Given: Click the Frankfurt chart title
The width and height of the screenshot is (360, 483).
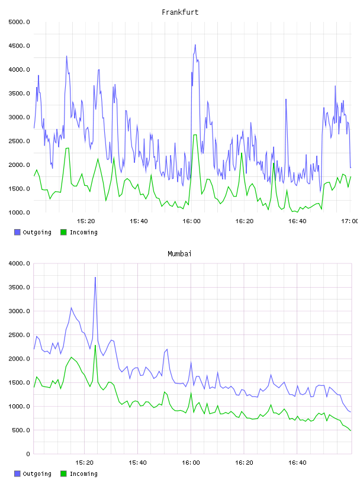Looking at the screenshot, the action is pyautogui.click(x=180, y=12).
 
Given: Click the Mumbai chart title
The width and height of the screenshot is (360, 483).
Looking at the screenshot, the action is pyautogui.click(x=179, y=254).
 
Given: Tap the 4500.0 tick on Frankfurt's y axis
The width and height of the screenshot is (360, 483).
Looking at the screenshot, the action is pyautogui.click(x=19, y=46).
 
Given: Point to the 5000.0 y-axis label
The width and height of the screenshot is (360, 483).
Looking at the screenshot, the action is pyautogui.click(x=19, y=22).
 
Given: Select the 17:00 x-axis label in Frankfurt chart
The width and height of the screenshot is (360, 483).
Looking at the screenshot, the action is pyautogui.click(x=349, y=221).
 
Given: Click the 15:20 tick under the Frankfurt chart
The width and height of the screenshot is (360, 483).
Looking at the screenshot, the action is pyautogui.click(x=86, y=221).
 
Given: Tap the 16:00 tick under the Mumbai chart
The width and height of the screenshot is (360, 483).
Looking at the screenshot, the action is pyautogui.click(x=191, y=463).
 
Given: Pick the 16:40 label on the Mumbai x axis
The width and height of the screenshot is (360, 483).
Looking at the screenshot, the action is pyautogui.click(x=297, y=463).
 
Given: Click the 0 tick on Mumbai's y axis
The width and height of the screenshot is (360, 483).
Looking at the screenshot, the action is pyautogui.click(x=28, y=454).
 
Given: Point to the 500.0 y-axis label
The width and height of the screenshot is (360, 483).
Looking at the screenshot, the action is pyautogui.click(x=21, y=430).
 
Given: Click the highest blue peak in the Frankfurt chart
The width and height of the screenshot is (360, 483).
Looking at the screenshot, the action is pyautogui.click(x=195, y=45).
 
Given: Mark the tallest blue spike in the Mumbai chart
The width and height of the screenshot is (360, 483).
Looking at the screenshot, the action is pyautogui.click(x=95, y=278).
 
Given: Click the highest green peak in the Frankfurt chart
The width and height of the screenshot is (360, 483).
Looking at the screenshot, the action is pyautogui.click(x=195, y=135).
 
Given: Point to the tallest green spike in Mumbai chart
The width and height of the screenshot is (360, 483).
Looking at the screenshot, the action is pyautogui.click(x=95, y=345).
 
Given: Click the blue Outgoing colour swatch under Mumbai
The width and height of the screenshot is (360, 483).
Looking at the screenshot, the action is pyautogui.click(x=17, y=474).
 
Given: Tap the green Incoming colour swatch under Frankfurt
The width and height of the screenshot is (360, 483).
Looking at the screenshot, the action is pyautogui.click(x=63, y=232).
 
